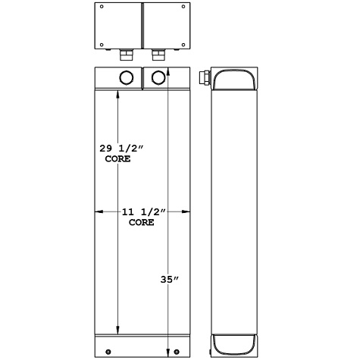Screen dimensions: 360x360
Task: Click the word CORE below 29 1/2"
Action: click(x=117, y=160)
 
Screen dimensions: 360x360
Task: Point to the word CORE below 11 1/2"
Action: click(x=142, y=224)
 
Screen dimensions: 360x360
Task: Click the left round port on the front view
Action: click(x=126, y=77)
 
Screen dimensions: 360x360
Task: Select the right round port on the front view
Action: click(x=158, y=77)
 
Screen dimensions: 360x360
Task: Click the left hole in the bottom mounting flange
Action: click(x=107, y=351)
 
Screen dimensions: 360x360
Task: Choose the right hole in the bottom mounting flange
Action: click(x=177, y=351)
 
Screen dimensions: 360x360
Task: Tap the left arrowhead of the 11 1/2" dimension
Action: click(x=96, y=212)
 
